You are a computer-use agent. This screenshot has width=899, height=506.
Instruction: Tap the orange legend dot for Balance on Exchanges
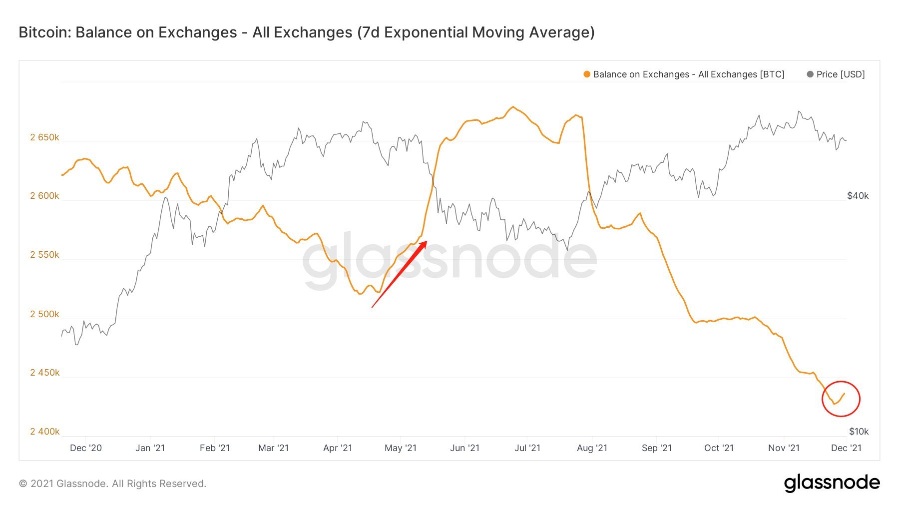(x=587, y=74)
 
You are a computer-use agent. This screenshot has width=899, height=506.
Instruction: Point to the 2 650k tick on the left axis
(x=44, y=137)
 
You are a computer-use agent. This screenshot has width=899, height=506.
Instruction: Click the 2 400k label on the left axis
(x=44, y=431)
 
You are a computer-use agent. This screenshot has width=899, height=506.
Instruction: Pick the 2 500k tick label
(x=44, y=314)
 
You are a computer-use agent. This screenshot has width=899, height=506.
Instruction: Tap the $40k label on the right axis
(x=858, y=196)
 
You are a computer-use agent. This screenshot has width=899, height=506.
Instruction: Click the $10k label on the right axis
(x=859, y=431)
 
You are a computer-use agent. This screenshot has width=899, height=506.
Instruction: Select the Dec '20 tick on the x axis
(x=86, y=448)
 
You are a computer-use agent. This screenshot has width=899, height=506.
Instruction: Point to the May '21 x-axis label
(x=400, y=448)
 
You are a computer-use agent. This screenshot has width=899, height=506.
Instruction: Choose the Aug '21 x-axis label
(x=592, y=448)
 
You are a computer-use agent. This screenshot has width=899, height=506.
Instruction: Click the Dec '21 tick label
(x=846, y=448)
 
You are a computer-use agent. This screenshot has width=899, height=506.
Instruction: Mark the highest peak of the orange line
(x=513, y=107)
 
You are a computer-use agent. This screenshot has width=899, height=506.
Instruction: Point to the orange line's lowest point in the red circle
(x=835, y=404)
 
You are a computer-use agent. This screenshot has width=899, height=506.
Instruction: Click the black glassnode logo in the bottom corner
(x=832, y=483)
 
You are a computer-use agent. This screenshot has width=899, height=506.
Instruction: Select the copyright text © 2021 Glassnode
(x=112, y=484)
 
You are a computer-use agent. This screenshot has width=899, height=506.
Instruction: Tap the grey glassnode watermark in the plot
(x=449, y=260)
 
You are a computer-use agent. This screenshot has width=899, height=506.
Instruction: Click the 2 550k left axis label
(x=44, y=255)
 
